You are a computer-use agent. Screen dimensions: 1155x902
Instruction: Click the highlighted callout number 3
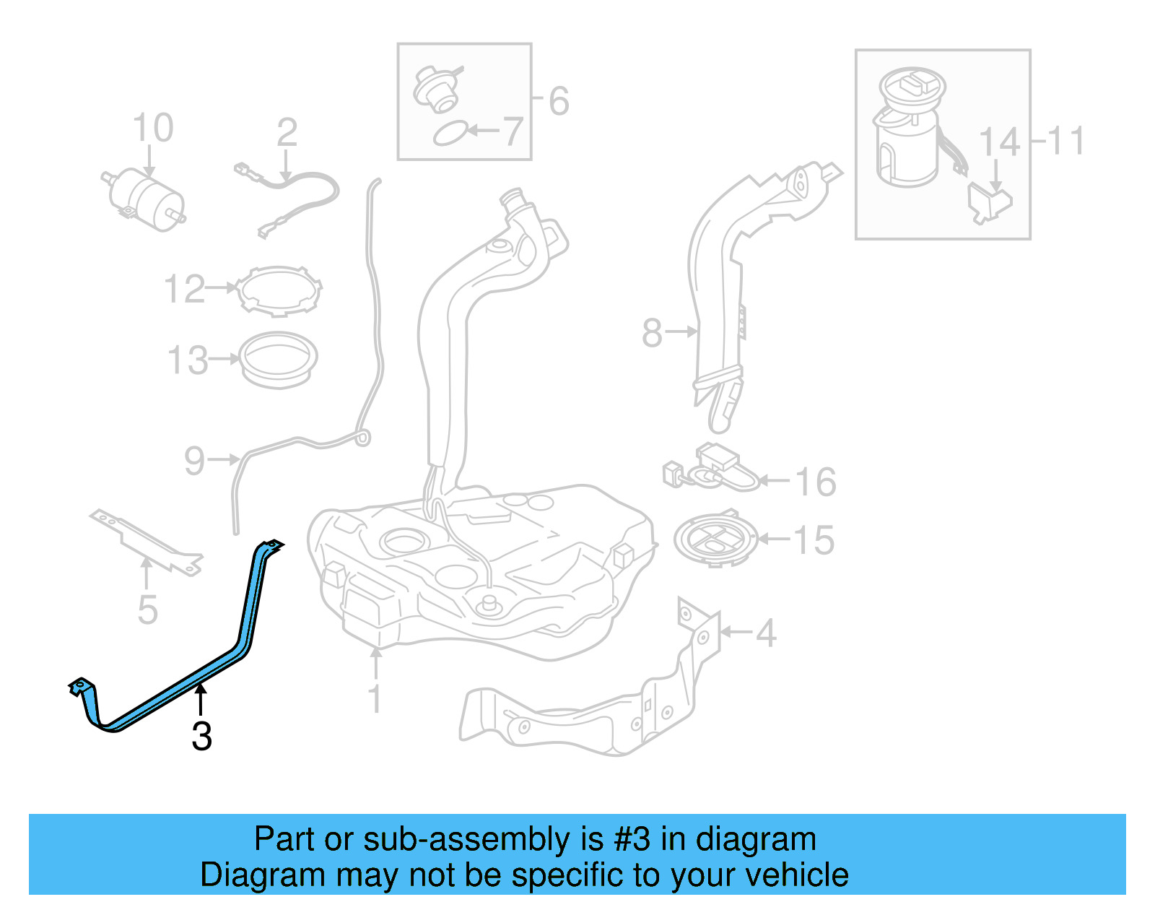click(x=202, y=736)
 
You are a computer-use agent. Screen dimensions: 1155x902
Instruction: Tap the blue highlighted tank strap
click(x=175, y=636)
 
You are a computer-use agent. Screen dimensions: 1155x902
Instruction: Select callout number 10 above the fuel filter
click(x=152, y=128)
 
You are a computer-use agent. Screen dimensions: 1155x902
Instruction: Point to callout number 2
click(x=287, y=132)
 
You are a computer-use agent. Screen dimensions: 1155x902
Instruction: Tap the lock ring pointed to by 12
click(x=279, y=291)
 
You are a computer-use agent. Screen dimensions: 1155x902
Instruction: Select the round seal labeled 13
click(x=277, y=360)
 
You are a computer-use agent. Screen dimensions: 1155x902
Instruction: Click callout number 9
click(x=194, y=461)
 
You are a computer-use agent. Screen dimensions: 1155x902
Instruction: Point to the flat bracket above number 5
click(x=146, y=542)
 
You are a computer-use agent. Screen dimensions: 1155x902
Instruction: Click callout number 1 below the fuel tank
click(x=375, y=699)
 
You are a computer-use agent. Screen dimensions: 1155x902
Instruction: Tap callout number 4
click(x=766, y=633)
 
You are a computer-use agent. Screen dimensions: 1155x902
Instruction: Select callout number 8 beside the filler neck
click(x=652, y=333)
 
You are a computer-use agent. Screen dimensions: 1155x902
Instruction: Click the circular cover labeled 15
click(x=716, y=539)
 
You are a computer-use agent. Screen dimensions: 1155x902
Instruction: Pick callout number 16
click(x=816, y=482)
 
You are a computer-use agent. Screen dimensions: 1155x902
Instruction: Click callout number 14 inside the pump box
click(x=1000, y=142)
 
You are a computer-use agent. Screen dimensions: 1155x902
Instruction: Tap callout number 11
click(x=1065, y=140)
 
